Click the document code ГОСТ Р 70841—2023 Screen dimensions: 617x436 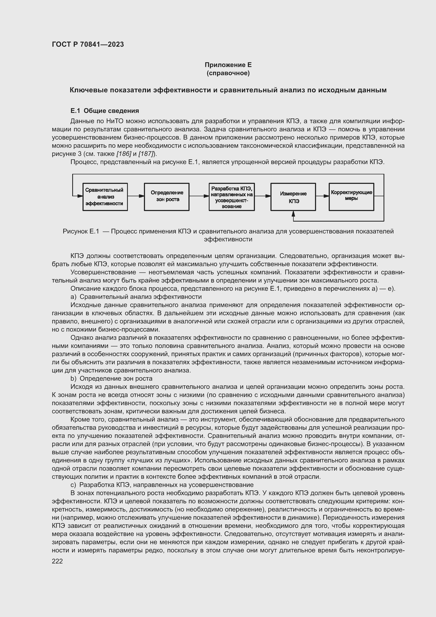(x=88, y=44)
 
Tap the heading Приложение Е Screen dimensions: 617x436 (x=228, y=65)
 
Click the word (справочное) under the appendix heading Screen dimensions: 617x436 (x=228, y=73)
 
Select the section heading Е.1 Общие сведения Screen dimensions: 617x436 (x=104, y=111)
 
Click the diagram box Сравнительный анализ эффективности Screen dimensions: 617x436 (x=105, y=197)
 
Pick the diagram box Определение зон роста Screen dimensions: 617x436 (x=166, y=197)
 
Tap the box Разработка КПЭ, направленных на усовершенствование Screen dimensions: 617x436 (x=232, y=197)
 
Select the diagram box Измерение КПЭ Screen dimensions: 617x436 (x=293, y=197)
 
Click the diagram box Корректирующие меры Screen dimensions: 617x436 (x=351, y=197)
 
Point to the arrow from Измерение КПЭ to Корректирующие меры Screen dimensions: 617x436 (x=322, y=196)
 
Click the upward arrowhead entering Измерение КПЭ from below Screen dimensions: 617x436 (x=293, y=214)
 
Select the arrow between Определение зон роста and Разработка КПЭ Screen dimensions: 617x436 (x=199, y=196)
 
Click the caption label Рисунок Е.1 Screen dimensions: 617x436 (x=81, y=231)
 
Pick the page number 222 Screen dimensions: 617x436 (x=57, y=561)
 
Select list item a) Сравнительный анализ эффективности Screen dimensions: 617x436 (x=136, y=297)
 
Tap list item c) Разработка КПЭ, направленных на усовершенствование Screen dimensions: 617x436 (x=162, y=485)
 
